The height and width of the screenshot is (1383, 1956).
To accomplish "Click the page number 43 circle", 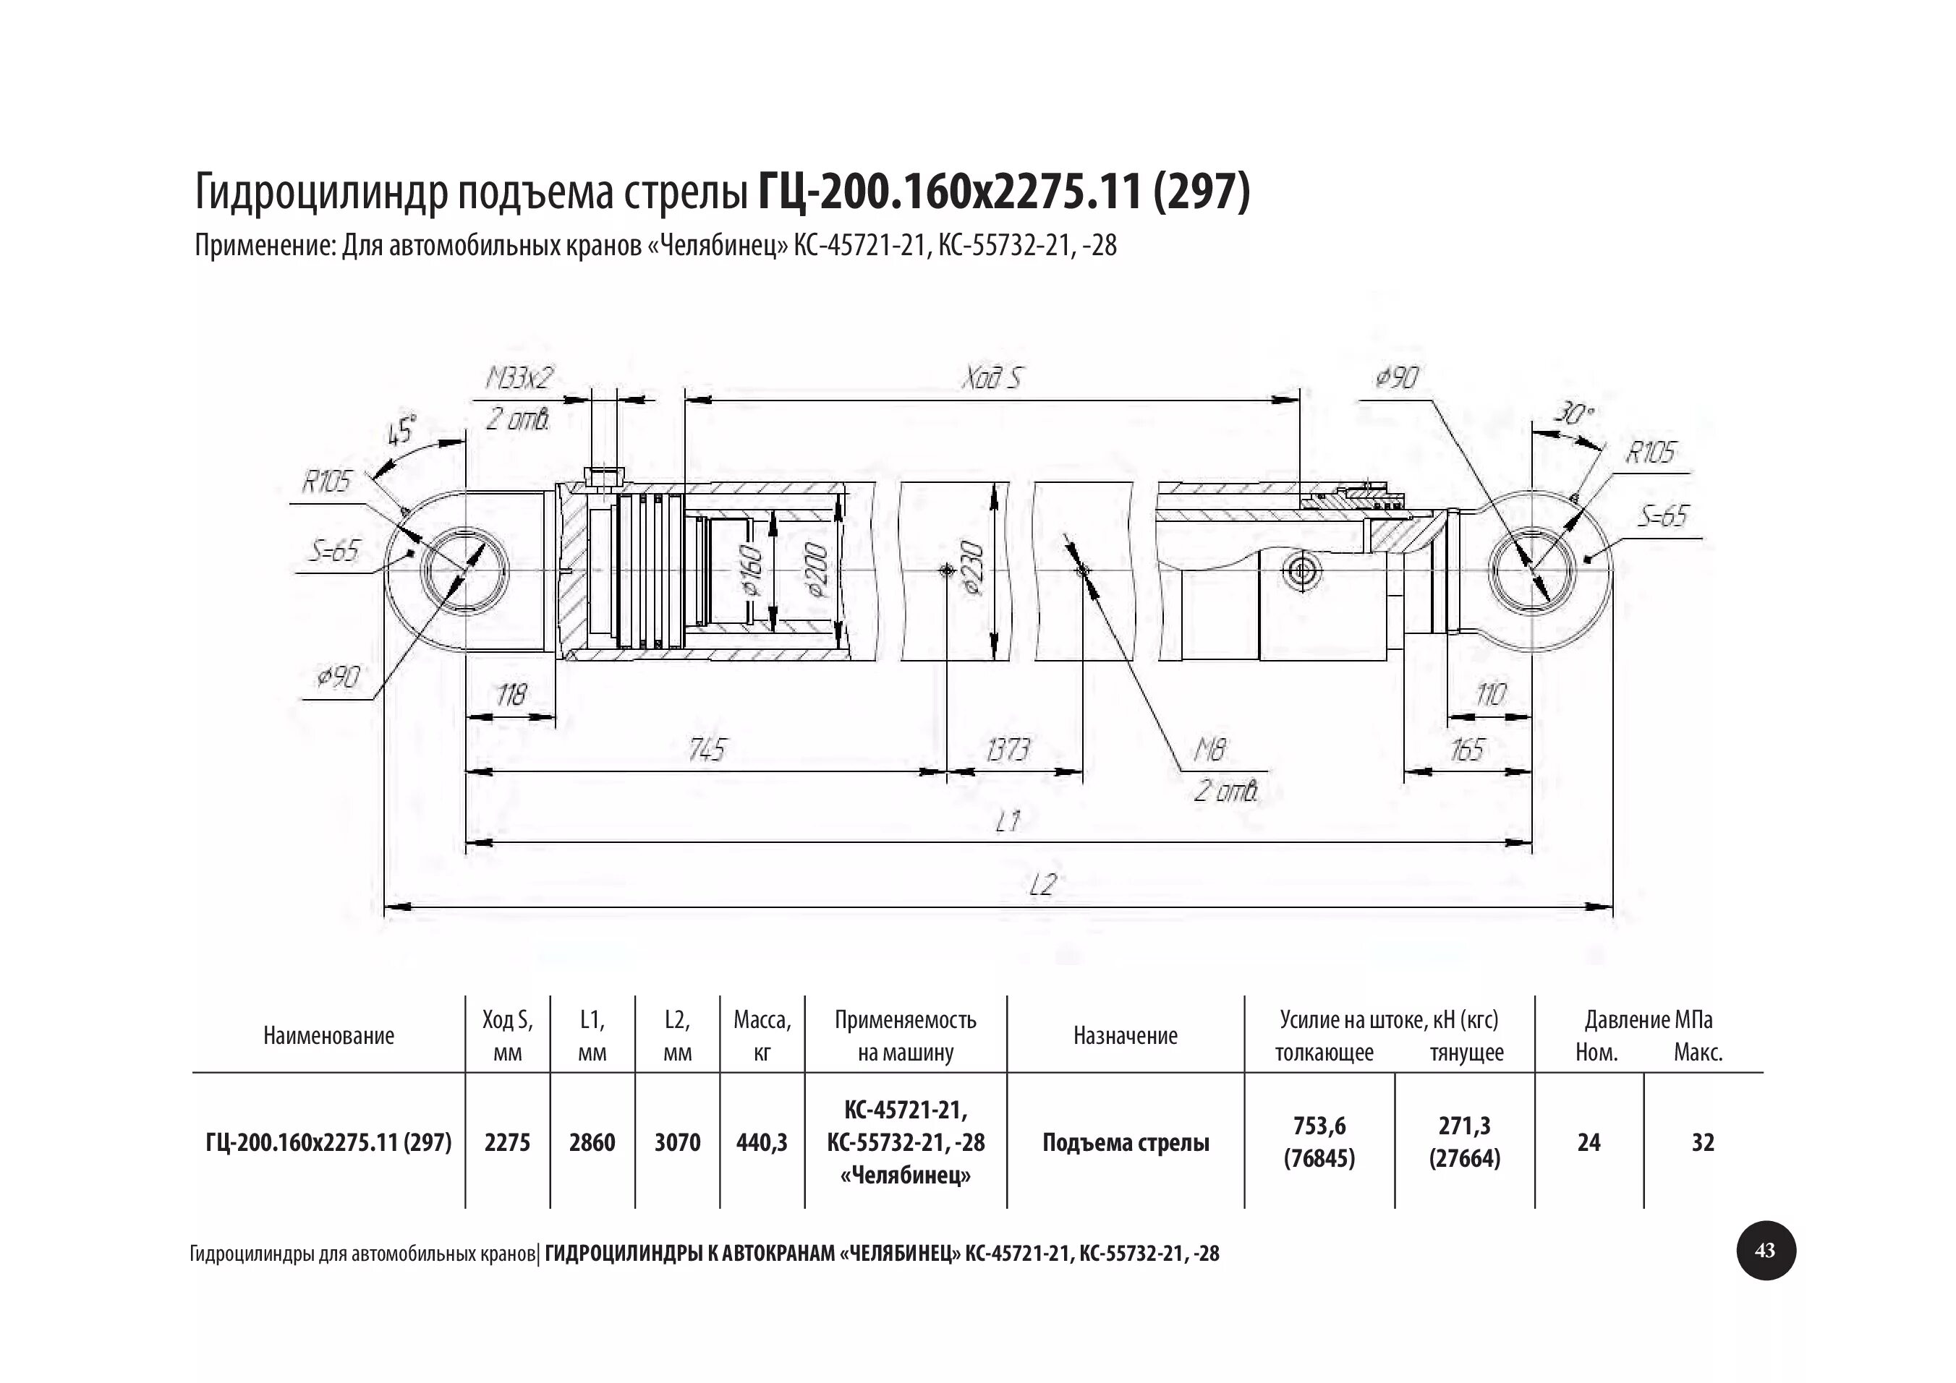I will point(1765,1250).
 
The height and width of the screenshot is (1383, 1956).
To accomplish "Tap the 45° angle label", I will point(402,431).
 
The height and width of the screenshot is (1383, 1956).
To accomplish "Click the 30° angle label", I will point(1573,415).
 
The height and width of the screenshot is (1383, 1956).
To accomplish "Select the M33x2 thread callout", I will point(519,378).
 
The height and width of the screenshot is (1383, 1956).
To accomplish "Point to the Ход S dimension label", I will point(991,378).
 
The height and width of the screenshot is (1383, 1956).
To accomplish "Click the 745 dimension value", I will point(706,750).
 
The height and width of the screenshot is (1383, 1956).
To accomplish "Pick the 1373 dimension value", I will point(1008,750).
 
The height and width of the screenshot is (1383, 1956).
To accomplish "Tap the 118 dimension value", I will point(511,695).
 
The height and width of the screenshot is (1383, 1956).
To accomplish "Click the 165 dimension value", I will point(1466,750).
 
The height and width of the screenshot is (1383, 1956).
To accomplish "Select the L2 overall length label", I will point(1041,886).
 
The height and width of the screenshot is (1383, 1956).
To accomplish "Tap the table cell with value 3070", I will point(677,1142).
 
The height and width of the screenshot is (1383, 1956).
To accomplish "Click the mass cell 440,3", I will point(762,1142).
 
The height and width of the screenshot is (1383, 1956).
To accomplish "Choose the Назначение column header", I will point(1125,1035).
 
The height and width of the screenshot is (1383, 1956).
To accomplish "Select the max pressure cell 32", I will point(1702,1142).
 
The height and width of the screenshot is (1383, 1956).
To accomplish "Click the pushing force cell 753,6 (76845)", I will point(1319,1142).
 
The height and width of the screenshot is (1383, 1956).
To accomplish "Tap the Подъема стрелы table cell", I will point(1125,1143).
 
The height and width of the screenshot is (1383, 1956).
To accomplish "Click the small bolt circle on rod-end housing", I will point(1304,571).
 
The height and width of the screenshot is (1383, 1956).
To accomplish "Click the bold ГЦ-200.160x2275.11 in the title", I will point(949,192).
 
